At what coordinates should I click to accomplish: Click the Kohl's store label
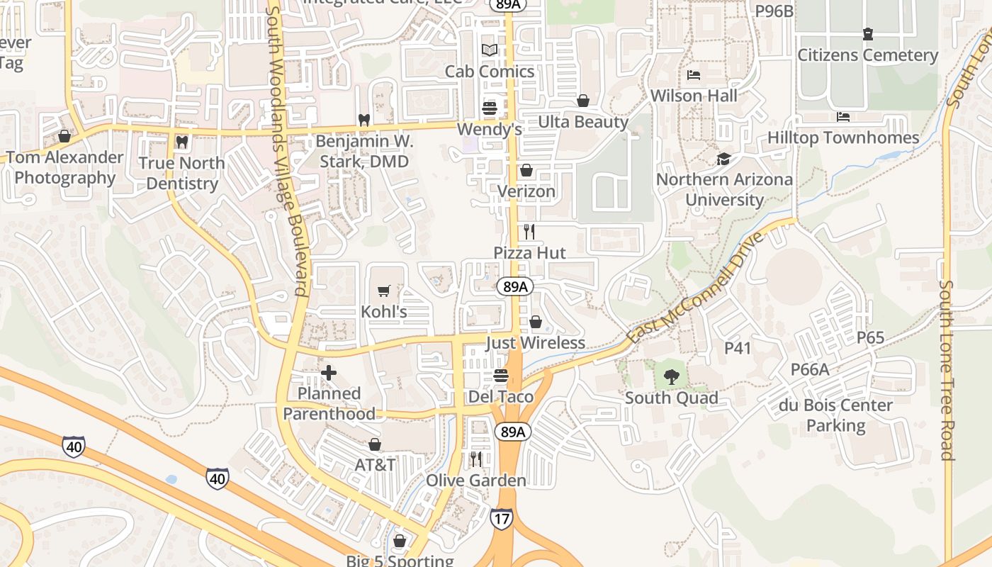[384, 311]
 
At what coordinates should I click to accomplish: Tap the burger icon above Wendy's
[490, 108]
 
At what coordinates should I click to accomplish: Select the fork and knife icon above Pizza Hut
[529, 232]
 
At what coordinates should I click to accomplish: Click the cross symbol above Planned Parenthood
[329, 373]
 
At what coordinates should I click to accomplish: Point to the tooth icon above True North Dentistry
[181, 142]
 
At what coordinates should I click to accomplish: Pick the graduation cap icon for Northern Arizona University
[723, 159]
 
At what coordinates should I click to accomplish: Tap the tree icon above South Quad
[671, 377]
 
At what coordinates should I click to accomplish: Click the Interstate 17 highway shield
[501, 519]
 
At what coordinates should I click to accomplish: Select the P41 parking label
[738, 348]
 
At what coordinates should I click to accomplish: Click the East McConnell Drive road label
[696, 287]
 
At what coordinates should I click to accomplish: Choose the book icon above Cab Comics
[490, 50]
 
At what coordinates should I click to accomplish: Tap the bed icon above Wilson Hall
[694, 75]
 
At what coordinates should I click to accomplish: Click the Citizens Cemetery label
[867, 55]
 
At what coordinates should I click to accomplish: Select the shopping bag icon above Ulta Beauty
[583, 101]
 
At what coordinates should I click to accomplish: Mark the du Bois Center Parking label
[835, 415]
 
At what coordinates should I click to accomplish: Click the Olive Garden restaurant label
[475, 481]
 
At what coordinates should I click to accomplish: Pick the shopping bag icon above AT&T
[375, 444]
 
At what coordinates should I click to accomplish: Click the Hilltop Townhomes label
[843, 137]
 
